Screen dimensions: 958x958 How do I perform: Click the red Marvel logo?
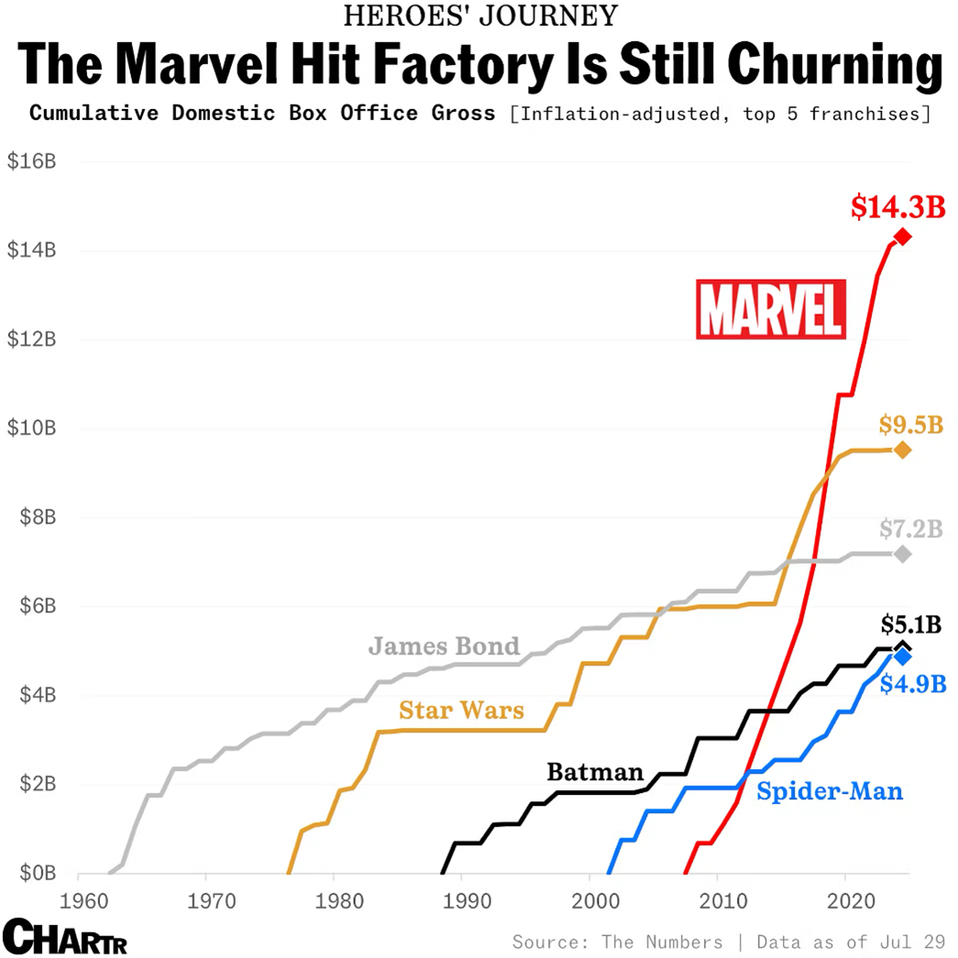coord(770,309)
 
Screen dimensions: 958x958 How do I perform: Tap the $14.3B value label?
coord(897,207)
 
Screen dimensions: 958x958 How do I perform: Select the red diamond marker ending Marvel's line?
coord(902,237)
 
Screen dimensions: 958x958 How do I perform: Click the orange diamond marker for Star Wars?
coord(902,450)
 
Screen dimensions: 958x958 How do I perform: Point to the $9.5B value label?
coord(910,424)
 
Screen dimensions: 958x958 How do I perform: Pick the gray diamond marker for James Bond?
coord(902,554)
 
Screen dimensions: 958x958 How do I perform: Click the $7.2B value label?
coord(910,529)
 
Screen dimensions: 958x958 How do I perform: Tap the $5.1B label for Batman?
coord(910,624)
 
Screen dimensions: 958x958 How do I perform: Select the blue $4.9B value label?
coord(912,684)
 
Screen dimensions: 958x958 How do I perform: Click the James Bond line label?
coord(444,646)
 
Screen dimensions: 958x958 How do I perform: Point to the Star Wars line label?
coord(461,710)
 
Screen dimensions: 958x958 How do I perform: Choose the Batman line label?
coord(595,772)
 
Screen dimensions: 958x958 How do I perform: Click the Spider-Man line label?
coord(830,790)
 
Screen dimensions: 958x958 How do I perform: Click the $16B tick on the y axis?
coord(32,161)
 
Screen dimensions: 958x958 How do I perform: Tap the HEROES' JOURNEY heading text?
coord(479,16)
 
